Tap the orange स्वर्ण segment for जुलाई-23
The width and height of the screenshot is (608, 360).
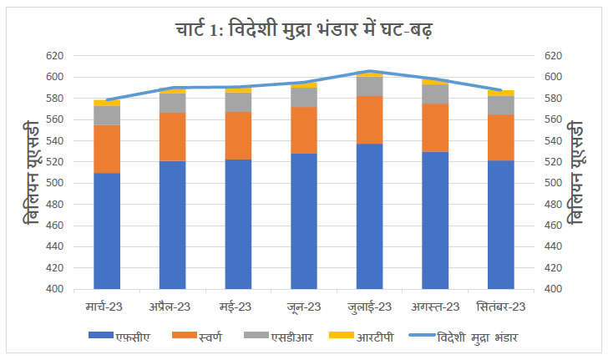pyautogui.click(x=368, y=119)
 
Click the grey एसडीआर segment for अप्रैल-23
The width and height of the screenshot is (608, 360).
pyautogui.click(x=172, y=103)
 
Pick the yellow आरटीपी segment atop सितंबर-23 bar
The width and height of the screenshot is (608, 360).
pyautogui.click(x=500, y=93)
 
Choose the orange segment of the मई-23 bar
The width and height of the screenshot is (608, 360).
pyautogui.click(x=238, y=135)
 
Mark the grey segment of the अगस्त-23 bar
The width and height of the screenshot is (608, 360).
pyautogui.click(x=434, y=94)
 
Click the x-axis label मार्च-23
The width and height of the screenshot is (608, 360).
pyautogui.click(x=107, y=306)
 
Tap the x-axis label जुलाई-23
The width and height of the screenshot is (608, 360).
pyautogui.click(x=368, y=306)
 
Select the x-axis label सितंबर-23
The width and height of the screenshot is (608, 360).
pyautogui.click(x=500, y=306)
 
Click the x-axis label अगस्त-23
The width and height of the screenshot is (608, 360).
pyautogui.click(x=434, y=306)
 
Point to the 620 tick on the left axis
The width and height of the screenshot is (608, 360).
pyautogui.click(x=54, y=56)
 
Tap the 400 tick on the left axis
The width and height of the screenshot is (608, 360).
pyautogui.click(x=54, y=289)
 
